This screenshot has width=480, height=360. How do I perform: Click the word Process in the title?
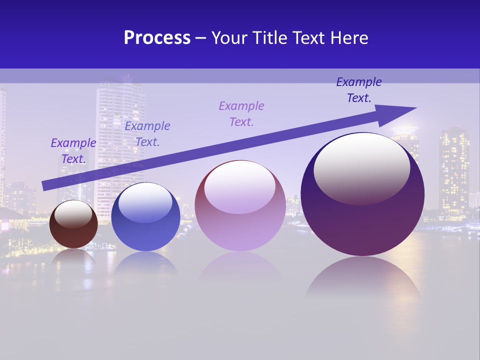pos(157,38)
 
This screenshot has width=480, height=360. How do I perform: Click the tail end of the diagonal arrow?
pos(45,185)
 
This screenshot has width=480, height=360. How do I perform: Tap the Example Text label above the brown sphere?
pos(73,151)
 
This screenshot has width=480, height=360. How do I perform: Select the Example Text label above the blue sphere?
pos(147,134)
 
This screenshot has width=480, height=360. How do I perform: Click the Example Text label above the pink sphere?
pos(241,114)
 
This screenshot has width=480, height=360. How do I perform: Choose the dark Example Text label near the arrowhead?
pos(359,90)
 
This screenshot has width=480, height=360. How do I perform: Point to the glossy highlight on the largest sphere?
pos(362,165)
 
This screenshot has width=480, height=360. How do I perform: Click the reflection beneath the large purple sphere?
pos(362,277)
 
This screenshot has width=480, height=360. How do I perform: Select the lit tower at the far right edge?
pos(454,170)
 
